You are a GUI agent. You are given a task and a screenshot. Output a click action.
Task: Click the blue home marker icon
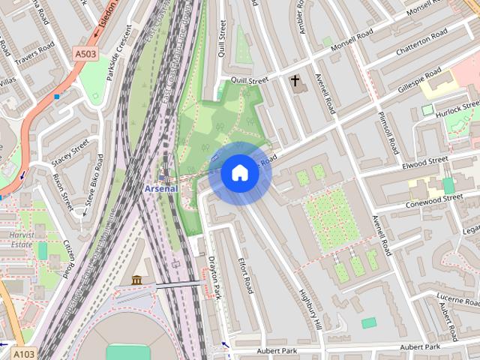click(239, 173)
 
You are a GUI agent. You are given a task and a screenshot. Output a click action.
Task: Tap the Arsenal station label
click(161, 188)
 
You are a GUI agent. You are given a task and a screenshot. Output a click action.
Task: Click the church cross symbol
click(295, 80)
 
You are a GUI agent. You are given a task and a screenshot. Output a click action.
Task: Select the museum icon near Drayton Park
click(136, 280)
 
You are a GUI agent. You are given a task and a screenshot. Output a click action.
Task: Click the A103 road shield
click(24, 353)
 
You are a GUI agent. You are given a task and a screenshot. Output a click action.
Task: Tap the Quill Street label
click(250, 80)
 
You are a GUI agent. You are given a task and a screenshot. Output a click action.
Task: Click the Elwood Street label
click(424, 161)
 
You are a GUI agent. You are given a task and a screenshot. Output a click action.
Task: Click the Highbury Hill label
click(309, 307)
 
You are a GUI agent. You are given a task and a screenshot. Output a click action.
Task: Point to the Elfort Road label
click(245, 277)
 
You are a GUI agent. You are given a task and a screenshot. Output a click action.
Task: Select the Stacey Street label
click(70, 153)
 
